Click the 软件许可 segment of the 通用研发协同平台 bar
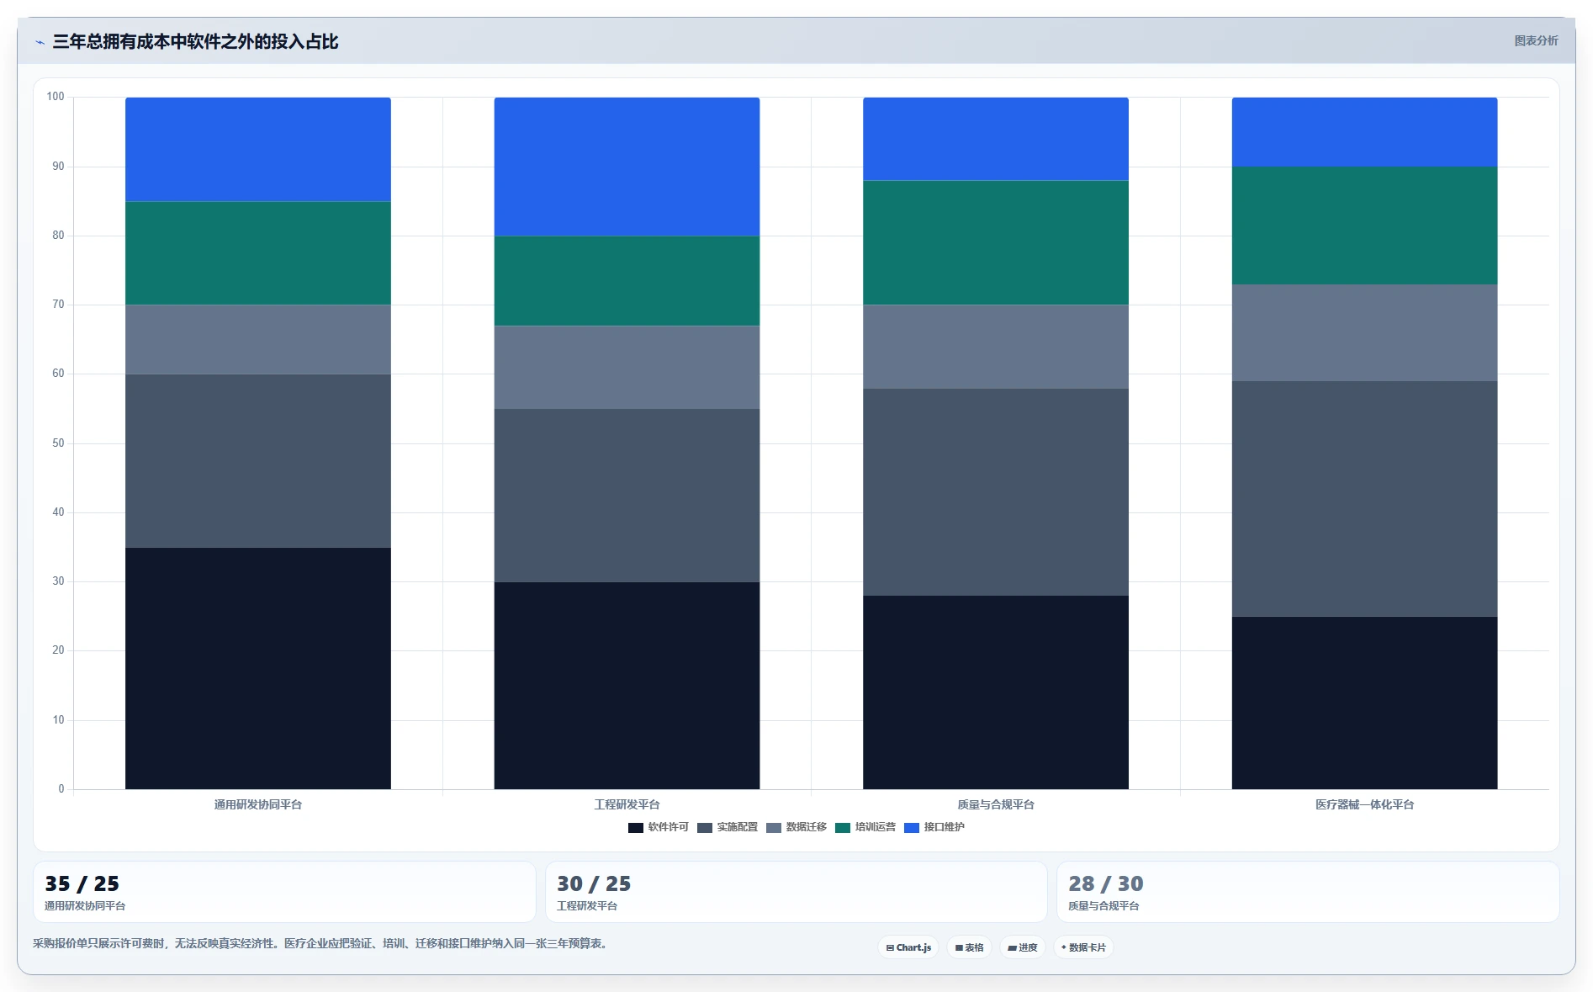click(x=257, y=668)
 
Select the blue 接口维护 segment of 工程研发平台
click(x=627, y=167)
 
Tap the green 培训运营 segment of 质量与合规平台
click(x=995, y=242)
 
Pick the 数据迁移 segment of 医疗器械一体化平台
click(x=1364, y=332)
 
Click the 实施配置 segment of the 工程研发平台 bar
click(x=627, y=495)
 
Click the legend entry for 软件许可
click(x=659, y=827)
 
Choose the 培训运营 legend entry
click(x=865, y=827)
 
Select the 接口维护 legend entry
click(x=934, y=827)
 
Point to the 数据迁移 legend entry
click(x=796, y=827)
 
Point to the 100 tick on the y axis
click(x=56, y=97)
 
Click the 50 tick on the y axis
click(x=58, y=443)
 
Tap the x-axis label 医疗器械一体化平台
click(x=1364, y=804)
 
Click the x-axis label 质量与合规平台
click(x=995, y=804)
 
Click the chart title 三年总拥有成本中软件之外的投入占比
click(x=195, y=41)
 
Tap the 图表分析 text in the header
click(x=1536, y=40)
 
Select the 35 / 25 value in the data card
click(x=82, y=883)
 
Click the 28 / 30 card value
click(x=1105, y=883)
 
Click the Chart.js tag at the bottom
click(x=908, y=947)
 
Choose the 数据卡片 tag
click(x=1083, y=947)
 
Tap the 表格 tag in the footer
click(x=969, y=947)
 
